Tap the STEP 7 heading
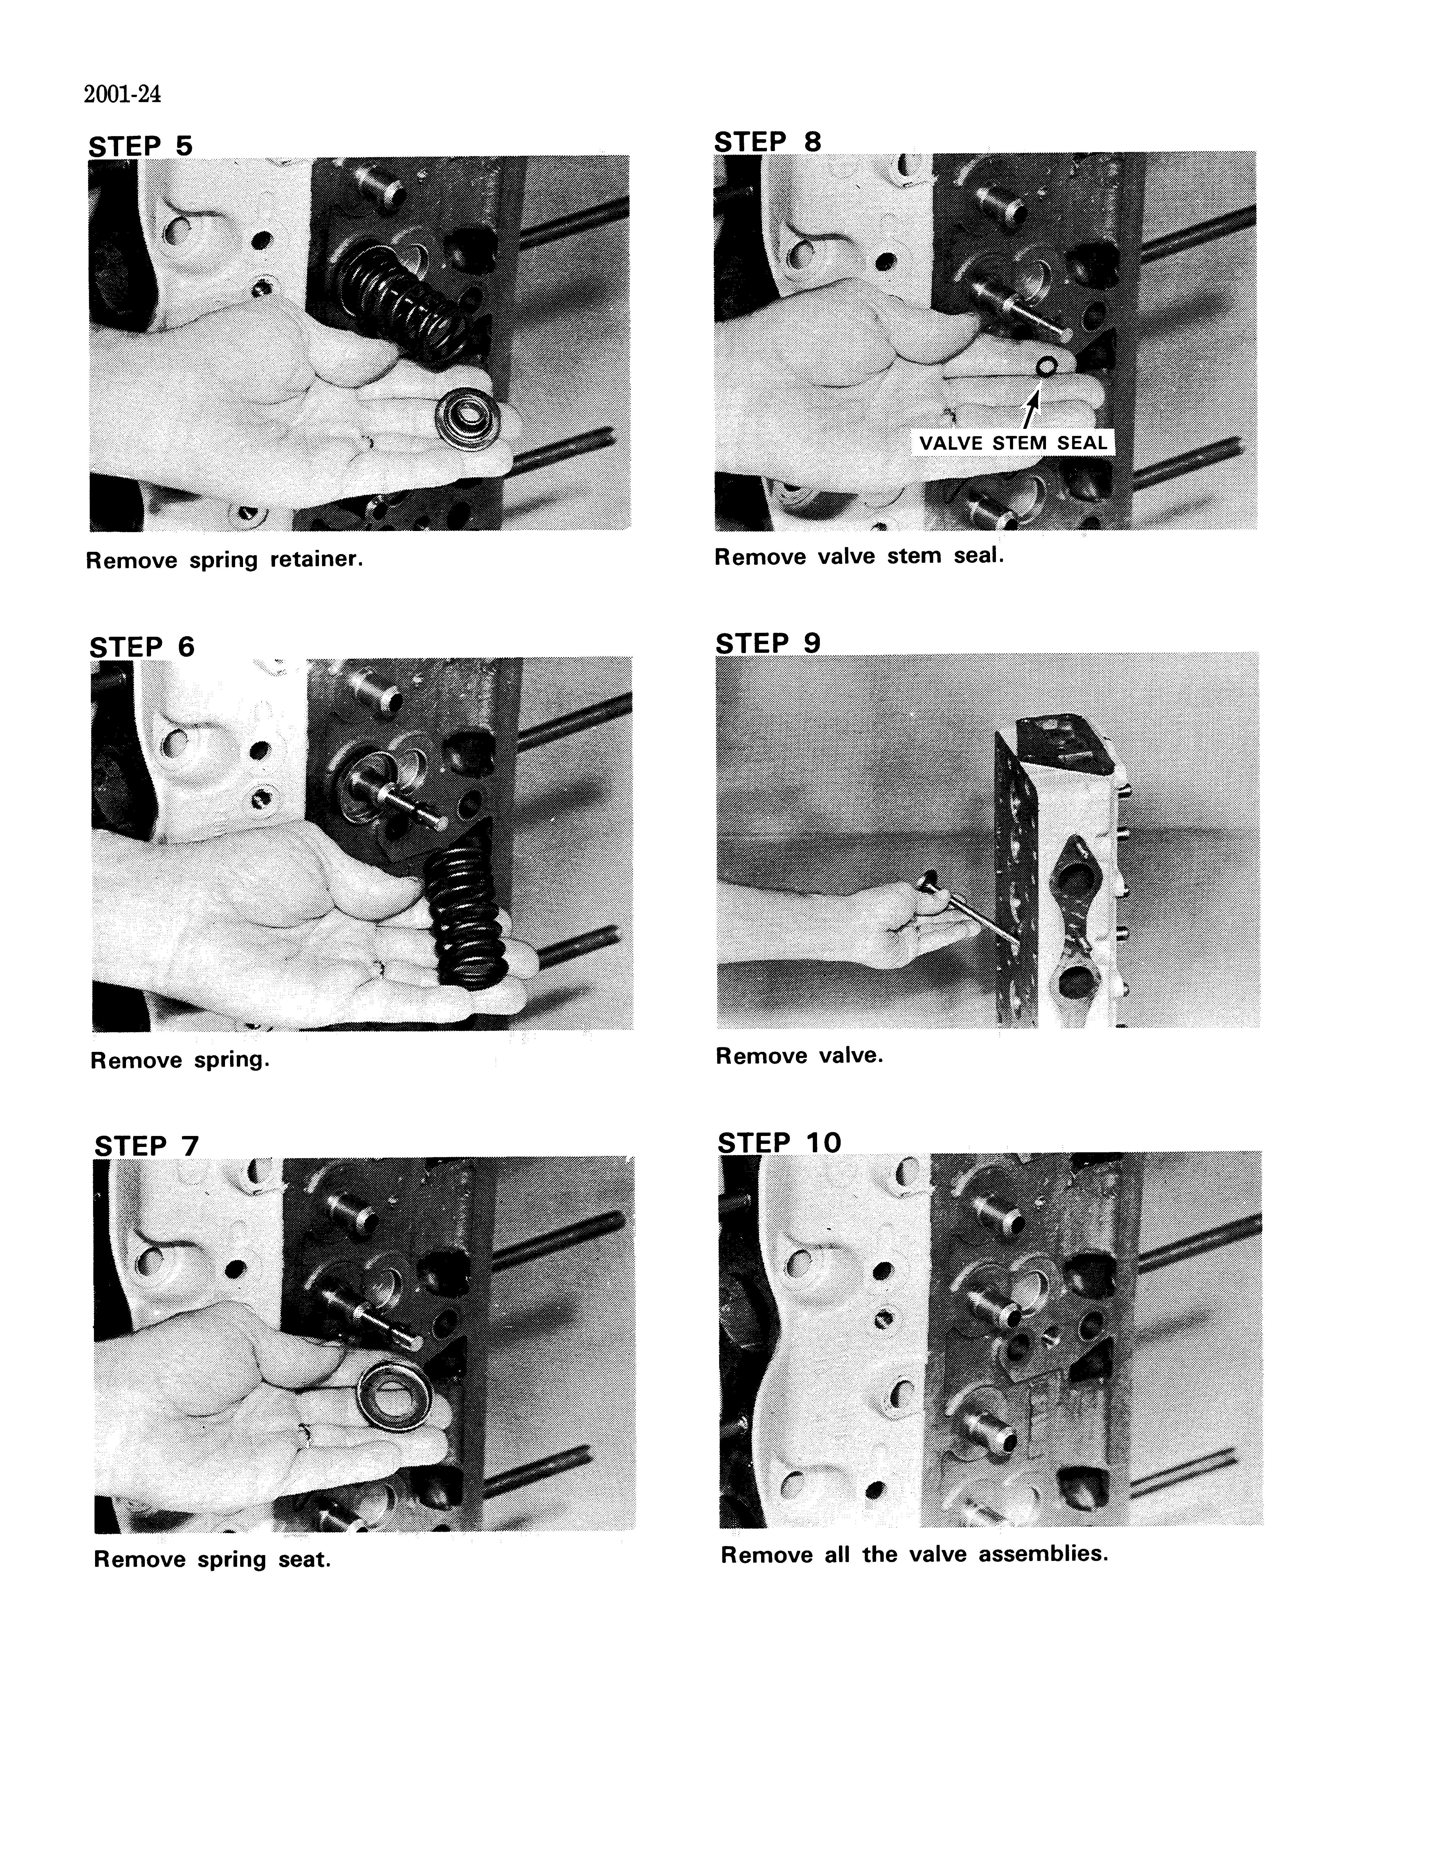point(146,1146)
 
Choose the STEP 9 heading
point(768,643)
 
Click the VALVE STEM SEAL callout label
point(1013,442)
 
